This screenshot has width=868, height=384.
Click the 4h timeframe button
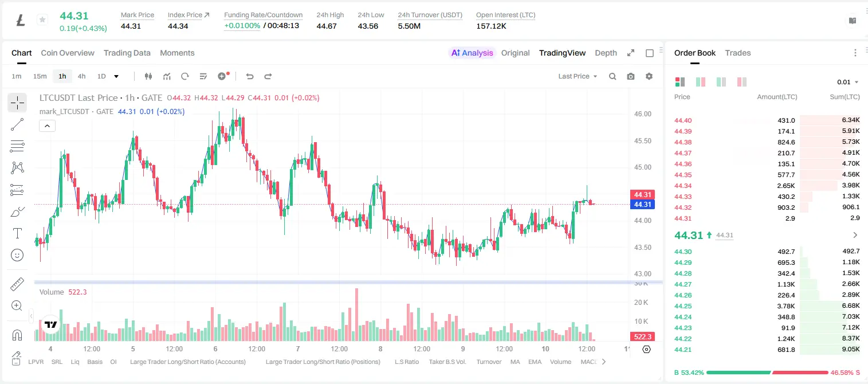click(x=81, y=76)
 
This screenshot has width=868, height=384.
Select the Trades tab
click(x=738, y=53)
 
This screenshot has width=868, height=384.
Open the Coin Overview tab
click(x=68, y=53)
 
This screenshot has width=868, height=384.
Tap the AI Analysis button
click(x=472, y=53)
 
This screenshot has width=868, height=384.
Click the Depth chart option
click(x=606, y=53)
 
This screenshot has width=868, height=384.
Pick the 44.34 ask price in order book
click(x=683, y=186)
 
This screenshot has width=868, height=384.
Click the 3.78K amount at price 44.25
click(x=786, y=305)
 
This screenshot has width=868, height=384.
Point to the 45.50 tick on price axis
click(x=642, y=140)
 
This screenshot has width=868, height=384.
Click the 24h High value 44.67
click(x=326, y=26)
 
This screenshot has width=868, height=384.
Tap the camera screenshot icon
click(x=631, y=76)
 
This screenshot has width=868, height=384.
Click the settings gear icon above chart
click(x=649, y=76)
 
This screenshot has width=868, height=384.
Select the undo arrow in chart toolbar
click(x=250, y=76)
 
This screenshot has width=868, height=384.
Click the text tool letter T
click(x=17, y=233)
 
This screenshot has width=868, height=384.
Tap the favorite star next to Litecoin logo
click(x=42, y=19)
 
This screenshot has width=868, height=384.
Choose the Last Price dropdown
click(x=578, y=76)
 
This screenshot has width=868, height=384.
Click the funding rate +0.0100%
click(x=242, y=26)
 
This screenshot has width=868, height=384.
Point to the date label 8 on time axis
click(x=380, y=348)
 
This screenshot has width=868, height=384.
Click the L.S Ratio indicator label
click(x=407, y=362)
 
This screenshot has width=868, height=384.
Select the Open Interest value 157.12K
click(x=491, y=26)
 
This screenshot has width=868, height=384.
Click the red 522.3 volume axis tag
click(x=642, y=337)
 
